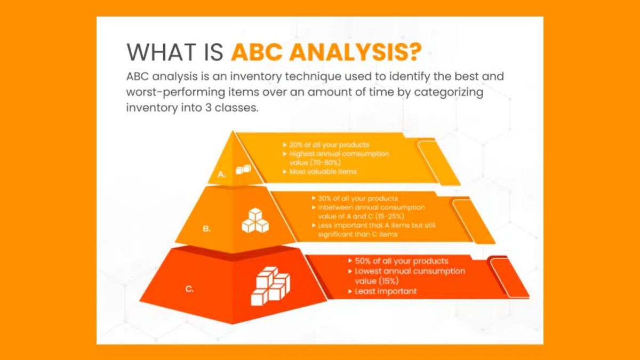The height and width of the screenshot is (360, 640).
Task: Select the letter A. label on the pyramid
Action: (222, 173)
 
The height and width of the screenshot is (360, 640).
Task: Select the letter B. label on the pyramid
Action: (206, 228)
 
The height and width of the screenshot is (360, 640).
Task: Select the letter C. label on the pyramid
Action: (189, 289)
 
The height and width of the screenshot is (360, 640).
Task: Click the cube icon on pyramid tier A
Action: (243, 169)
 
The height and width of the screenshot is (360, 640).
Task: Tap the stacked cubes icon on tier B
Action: (255, 220)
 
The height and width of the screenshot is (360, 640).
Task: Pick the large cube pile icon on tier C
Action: (270, 288)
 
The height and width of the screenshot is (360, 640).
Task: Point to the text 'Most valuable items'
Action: (323, 172)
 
